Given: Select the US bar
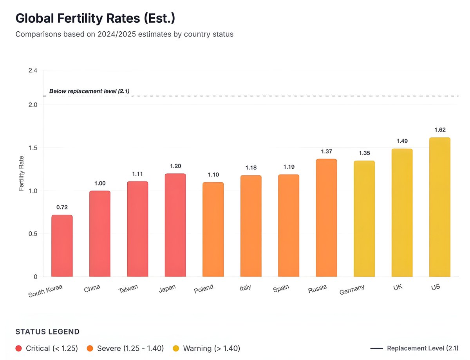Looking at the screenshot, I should click(x=439, y=207).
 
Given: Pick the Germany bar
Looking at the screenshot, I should click(x=364, y=219).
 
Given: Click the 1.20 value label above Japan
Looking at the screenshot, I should click(x=175, y=166).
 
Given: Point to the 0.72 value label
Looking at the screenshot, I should click(x=62, y=207).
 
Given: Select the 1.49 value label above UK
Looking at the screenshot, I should click(x=402, y=141).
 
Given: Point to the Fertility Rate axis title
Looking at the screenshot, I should click(x=22, y=173).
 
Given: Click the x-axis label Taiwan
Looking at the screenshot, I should click(x=128, y=289).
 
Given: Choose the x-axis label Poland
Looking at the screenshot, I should click(x=204, y=289).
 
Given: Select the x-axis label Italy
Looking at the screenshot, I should click(x=245, y=288).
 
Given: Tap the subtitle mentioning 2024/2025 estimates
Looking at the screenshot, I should click(x=124, y=34).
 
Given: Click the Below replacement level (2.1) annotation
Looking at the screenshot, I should click(x=89, y=91).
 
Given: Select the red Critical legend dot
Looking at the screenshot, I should click(x=19, y=348).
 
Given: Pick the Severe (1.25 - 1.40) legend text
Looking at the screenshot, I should click(x=130, y=348).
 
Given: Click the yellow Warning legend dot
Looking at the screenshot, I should click(x=176, y=348).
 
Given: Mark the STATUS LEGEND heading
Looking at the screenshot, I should click(x=47, y=332).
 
